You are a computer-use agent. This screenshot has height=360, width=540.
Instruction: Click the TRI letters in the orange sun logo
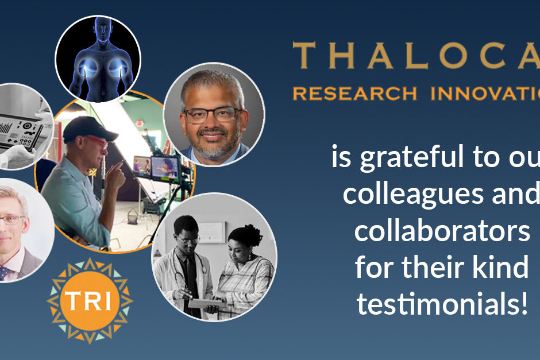(x=90, y=300)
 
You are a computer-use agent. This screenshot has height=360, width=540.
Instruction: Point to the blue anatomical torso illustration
(x=97, y=57)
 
